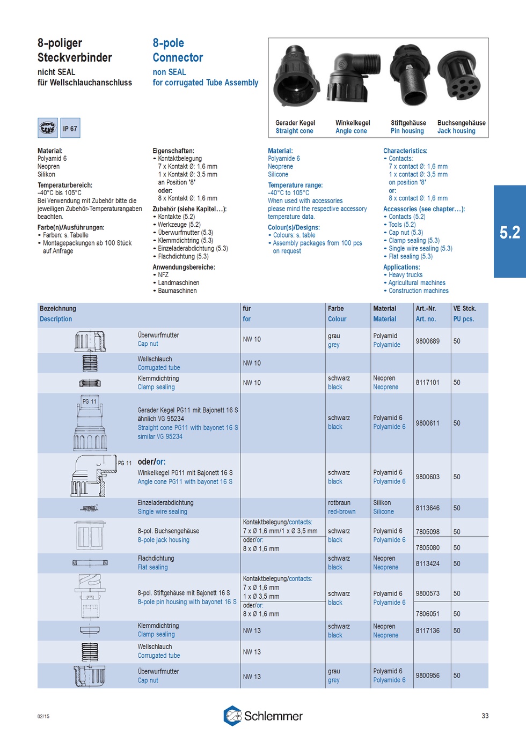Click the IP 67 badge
tap(70, 129)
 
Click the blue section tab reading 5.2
tap(509, 232)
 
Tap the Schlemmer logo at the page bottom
tap(263, 716)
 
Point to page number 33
tap(485, 716)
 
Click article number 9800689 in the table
tap(427, 341)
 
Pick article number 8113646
tap(427, 508)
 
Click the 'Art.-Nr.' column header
tap(426, 309)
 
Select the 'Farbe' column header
tap(336, 309)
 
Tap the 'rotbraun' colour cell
tap(339, 503)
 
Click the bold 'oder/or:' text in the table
tap(151, 462)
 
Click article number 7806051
tap(427, 614)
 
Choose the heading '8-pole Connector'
tap(178, 50)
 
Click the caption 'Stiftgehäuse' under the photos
tap(408, 123)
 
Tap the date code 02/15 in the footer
tap(43, 716)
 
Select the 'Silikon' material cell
tap(382, 503)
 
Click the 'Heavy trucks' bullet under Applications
tap(405, 275)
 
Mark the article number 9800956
tap(427, 675)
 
